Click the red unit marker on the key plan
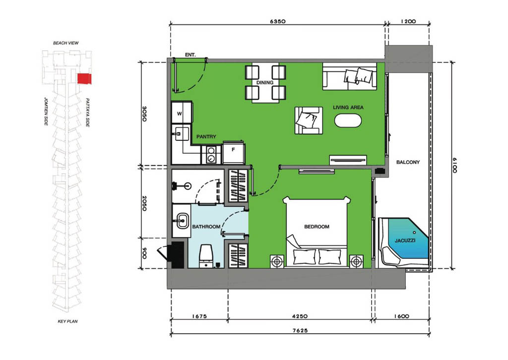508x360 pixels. (x=84, y=79)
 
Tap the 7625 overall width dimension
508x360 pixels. (x=300, y=331)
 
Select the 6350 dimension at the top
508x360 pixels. (x=278, y=21)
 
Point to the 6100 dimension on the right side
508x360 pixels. (x=454, y=165)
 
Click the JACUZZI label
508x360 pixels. (x=405, y=240)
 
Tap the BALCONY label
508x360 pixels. (x=408, y=162)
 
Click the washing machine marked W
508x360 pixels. (x=182, y=113)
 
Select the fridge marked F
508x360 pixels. (x=234, y=153)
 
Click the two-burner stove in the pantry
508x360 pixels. (x=211, y=154)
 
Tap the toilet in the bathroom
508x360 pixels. (x=206, y=256)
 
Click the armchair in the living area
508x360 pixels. (x=309, y=120)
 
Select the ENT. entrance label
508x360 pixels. (x=190, y=55)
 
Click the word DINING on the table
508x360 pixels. (x=265, y=82)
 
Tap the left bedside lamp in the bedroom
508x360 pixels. (x=277, y=261)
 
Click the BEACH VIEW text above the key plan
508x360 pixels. (x=66, y=43)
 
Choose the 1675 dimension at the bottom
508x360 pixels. (x=199, y=316)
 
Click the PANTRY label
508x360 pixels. (x=206, y=137)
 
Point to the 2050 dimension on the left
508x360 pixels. (x=144, y=203)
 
